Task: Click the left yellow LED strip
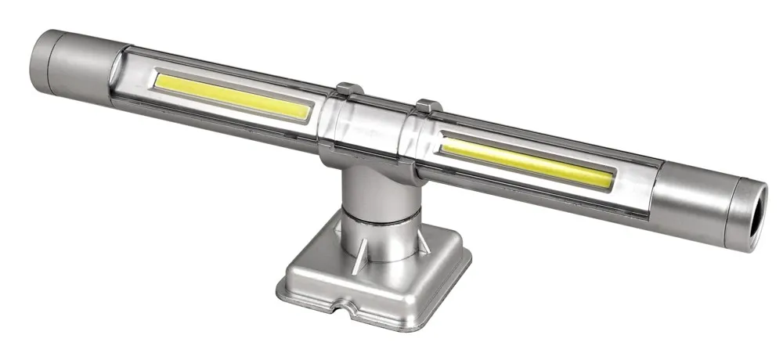pyautogui.click(x=233, y=95)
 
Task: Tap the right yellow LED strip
pyautogui.click(x=525, y=161)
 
